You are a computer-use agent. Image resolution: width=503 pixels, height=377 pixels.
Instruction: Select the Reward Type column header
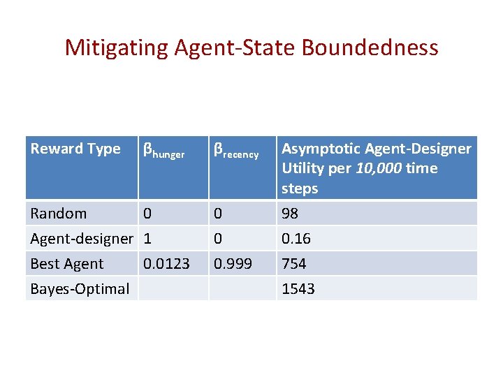click(75, 149)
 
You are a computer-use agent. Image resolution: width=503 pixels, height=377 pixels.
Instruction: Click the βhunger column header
click(163, 150)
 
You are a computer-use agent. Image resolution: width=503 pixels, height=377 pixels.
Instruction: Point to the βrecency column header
click(236, 150)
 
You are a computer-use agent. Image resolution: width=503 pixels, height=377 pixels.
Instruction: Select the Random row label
click(59, 214)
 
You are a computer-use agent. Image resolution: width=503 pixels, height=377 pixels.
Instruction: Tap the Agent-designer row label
click(81, 239)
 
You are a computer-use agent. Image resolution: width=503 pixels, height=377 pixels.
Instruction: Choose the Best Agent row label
click(67, 264)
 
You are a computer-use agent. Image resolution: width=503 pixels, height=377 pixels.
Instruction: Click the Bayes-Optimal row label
click(80, 289)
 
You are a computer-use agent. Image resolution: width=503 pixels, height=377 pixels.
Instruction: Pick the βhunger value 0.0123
click(166, 264)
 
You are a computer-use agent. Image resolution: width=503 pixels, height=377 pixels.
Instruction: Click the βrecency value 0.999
click(233, 264)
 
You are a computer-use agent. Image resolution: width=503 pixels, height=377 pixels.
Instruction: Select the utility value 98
click(291, 214)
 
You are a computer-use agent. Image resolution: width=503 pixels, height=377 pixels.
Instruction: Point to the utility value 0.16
click(296, 239)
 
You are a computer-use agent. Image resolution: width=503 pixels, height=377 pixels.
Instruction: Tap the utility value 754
click(294, 264)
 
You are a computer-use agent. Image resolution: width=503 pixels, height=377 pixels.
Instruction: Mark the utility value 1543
click(298, 289)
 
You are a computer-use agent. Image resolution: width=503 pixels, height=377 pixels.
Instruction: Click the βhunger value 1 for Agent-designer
click(147, 239)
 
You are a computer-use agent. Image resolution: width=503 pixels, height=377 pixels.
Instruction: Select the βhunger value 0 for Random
click(147, 214)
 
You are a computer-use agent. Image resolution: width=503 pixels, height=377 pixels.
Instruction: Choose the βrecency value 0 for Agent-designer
click(218, 239)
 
